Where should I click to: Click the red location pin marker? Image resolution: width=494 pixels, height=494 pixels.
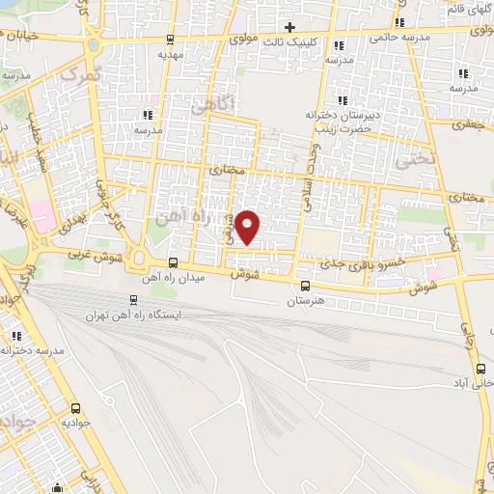(x=248, y=226)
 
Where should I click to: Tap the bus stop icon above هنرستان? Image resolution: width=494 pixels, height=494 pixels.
(x=306, y=286)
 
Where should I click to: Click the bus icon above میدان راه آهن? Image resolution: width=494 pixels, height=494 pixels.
(x=173, y=262)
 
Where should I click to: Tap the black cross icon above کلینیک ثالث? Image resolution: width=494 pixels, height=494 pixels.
(x=288, y=26)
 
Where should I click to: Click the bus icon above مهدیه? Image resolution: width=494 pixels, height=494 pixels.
(x=171, y=40)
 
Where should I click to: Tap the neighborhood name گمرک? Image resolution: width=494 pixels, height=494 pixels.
(x=79, y=72)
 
